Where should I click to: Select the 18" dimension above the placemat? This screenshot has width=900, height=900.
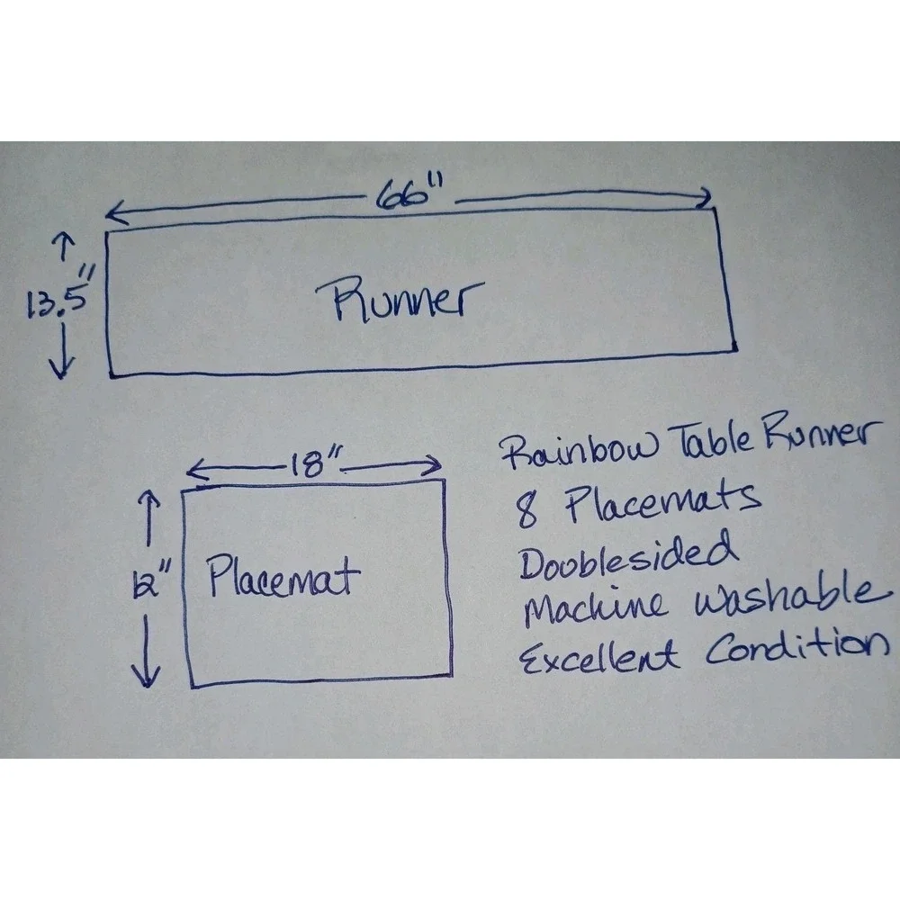pos(313,463)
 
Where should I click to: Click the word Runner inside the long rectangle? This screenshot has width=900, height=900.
pos(400,299)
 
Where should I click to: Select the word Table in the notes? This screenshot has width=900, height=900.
pos(712,438)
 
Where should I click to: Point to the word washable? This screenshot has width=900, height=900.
pos(792,597)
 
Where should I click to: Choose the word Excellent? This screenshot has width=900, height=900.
pos(598,656)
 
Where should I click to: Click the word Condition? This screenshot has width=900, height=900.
pos(796,645)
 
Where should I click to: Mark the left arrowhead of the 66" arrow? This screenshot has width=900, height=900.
pos(116,213)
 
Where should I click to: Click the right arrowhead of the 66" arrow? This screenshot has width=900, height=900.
pos(702,199)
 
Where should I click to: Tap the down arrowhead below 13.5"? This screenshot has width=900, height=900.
pos(61,367)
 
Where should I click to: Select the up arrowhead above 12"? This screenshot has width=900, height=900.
pos(148,500)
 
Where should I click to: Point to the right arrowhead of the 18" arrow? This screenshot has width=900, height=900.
pos(431,465)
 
